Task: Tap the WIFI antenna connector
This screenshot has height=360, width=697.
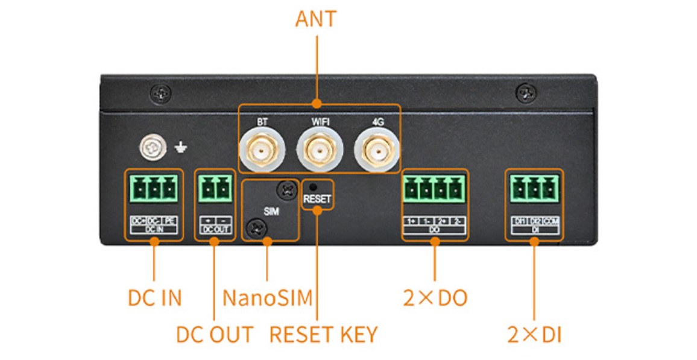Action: click(x=320, y=150)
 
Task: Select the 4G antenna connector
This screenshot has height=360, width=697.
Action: click(x=377, y=150)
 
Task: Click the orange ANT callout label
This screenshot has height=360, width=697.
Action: click(x=315, y=19)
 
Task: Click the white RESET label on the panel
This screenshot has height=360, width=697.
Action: click(x=317, y=198)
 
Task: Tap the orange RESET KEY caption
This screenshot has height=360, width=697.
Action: click(x=323, y=334)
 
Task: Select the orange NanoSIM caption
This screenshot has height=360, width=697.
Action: click(x=267, y=298)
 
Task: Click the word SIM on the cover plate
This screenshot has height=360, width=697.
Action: click(x=272, y=212)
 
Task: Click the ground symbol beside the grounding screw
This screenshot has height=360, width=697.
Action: click(x=180, y=147)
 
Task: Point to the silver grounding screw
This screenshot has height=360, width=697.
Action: click(x=150, y=147)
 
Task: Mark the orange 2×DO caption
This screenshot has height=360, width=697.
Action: click(x=435, y=298)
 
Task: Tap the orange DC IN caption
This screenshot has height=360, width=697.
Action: click(x=154, y=298)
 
